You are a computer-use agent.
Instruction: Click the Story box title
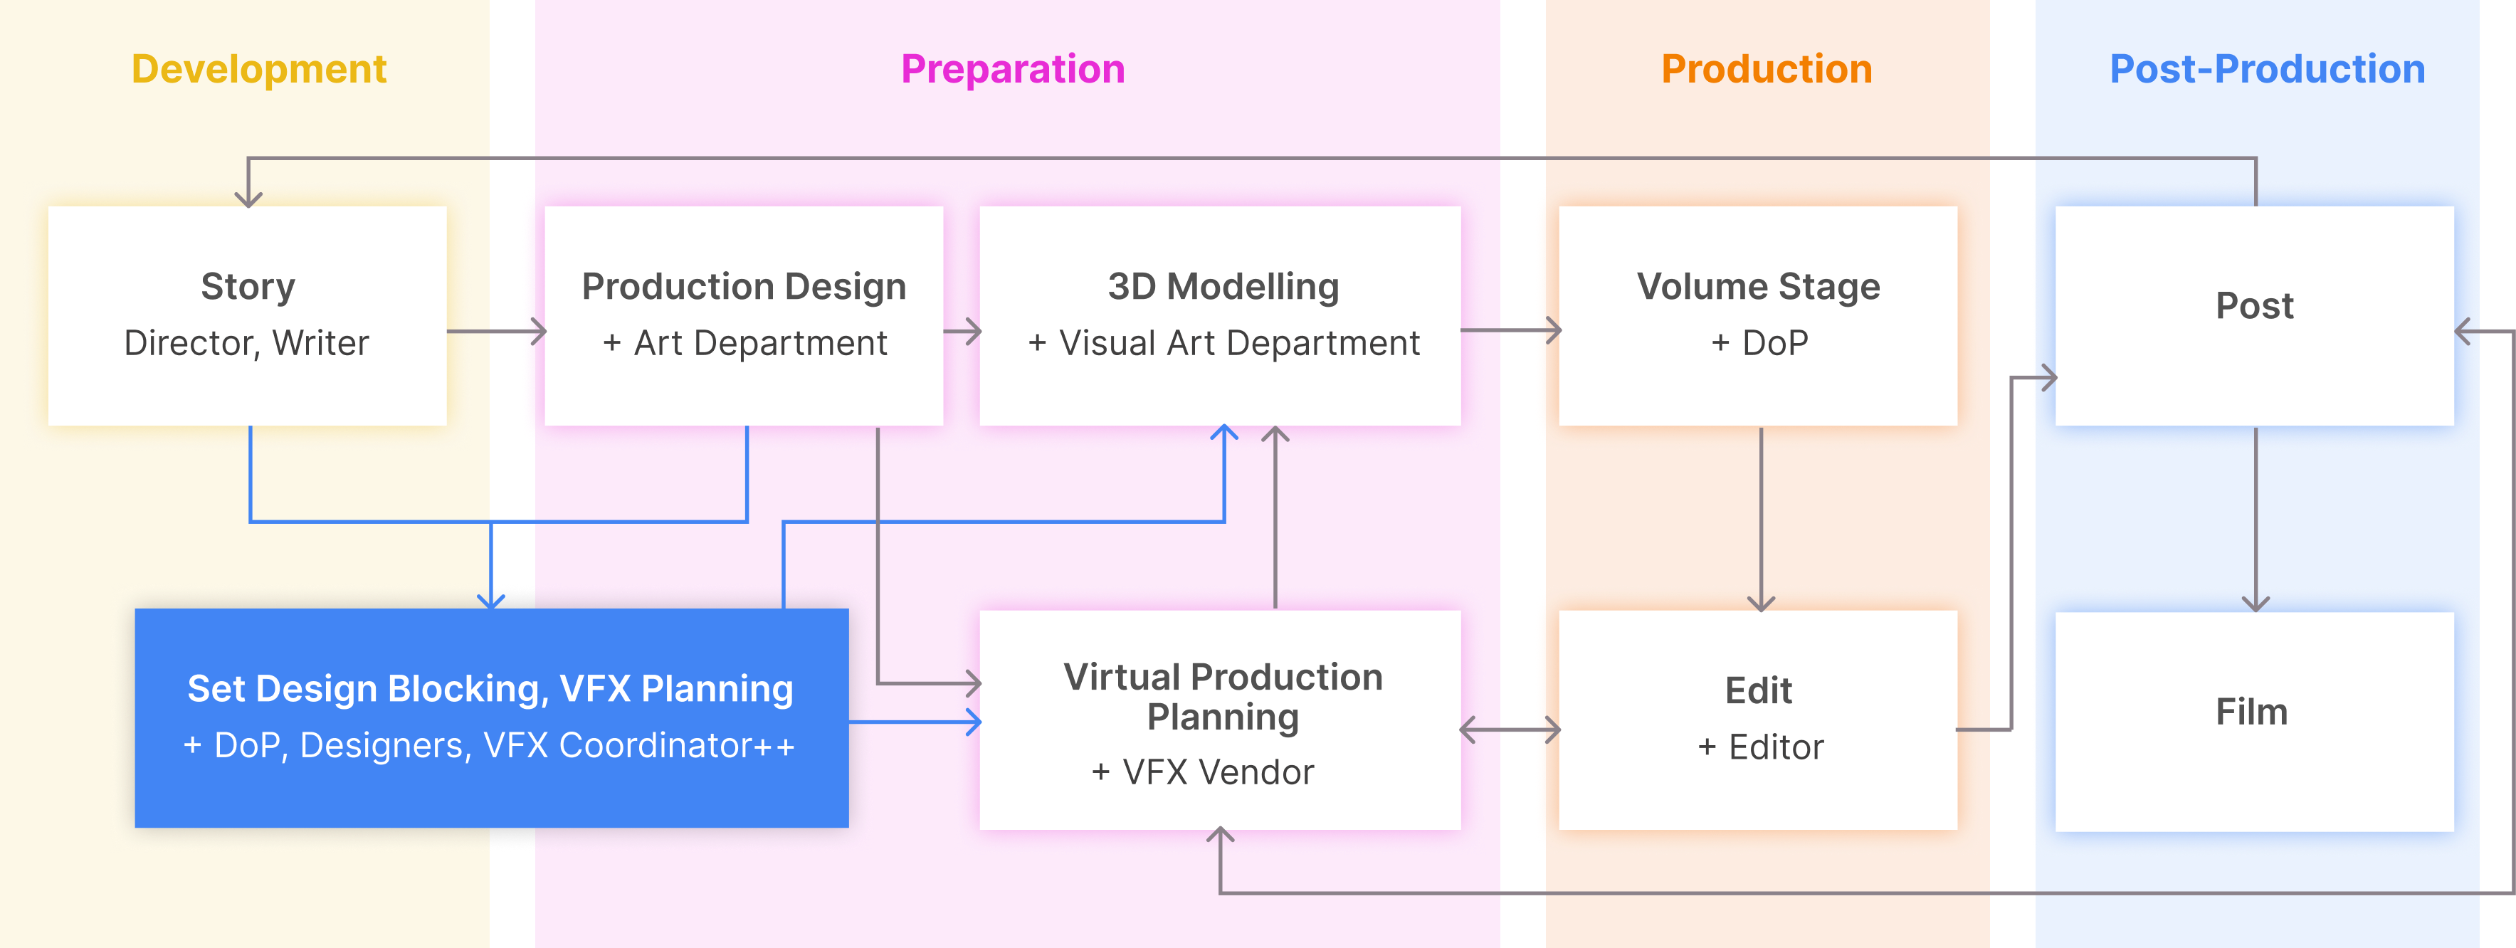pyautogui.click(x=248, y=287)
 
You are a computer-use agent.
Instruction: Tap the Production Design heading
pyautogui.click(x=744, y=287)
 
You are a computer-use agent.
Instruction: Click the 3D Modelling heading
pyautogui.click(x=1223, y=287)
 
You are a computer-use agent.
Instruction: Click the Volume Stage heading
pyautogui.click(x=1758, y=287)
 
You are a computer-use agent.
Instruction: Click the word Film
pyautogui.click(x=2251, y=712)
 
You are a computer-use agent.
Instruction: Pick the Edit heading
pyautogui.click(x=1758, y=691)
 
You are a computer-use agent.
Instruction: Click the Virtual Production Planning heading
pyautogui.click(x=1223, y=697)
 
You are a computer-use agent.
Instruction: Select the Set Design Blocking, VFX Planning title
pyautogui.click(x=490, y=689)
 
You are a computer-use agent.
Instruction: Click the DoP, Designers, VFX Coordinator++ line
pyautogui.click(x=490, y=746)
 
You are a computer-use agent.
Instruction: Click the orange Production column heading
pyautogui.click(x=1766, y=69)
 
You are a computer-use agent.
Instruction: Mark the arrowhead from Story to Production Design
pyautogui.click(x=537, y=332)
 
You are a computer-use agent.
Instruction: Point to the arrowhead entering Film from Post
pyautogui.click(x=2256, y=604)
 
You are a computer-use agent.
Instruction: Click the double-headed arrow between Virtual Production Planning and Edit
pyautogui.click(x=1510, y=730)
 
